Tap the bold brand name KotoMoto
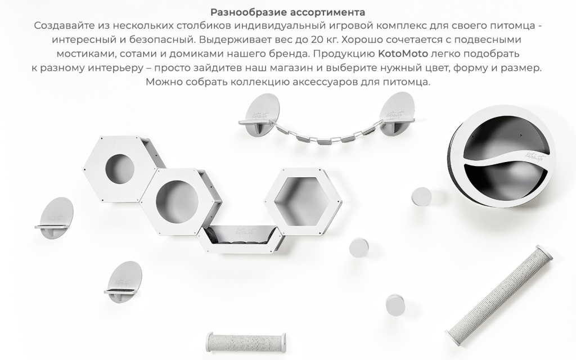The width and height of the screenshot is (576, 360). [x=403, y=53]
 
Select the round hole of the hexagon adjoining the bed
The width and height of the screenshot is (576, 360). [x=175, y=201]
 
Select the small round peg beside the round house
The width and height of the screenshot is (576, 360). [x=421, y=197]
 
